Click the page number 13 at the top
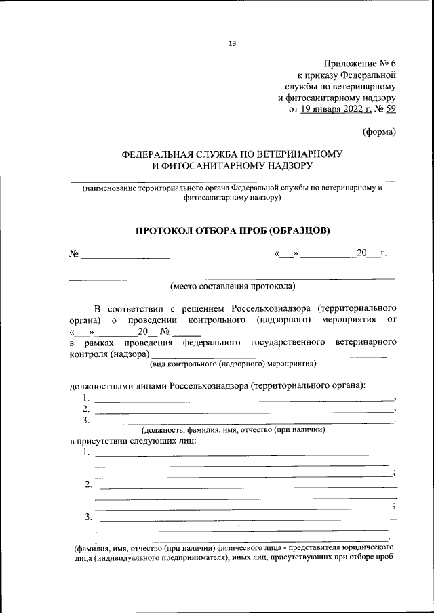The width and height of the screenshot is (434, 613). pyautogui.click(x=232, y=44)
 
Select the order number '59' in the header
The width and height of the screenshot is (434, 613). pyautogui.click(x=391, y=112)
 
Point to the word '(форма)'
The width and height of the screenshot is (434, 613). pyautogui.click(x=379, y=132)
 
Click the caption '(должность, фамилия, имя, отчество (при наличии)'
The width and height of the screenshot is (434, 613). pyautogui.click(x=234, y=429)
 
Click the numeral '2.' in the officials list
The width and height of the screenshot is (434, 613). pyautogui.click(x=86, y=409)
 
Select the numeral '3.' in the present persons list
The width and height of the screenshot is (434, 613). pyautogui.click(x=89, y=517)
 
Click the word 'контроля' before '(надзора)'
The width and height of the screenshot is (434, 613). pyautogui.click(x=87, y=354)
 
